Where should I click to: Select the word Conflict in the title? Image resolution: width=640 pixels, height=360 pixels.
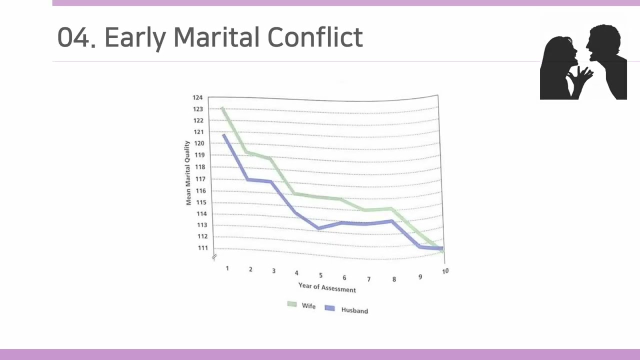[x=315, y=37]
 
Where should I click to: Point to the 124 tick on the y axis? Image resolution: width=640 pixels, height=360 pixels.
[x=197, y=97]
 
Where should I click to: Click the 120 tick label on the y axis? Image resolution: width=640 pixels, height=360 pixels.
[x=199, y=143]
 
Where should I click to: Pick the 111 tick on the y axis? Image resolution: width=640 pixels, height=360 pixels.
[x=203, y=248]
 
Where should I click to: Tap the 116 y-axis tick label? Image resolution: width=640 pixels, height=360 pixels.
[x=200, y=191]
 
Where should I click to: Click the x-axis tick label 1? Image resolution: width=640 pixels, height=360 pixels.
[x=227, y=268]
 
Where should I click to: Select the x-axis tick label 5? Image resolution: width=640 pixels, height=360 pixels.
[x=320, y=275]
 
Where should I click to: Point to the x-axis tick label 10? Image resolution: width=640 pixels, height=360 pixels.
[x=445, y=271]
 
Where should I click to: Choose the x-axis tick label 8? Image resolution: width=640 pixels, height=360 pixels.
[x=394, y=279]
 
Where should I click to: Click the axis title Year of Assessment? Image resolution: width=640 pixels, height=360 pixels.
[x=327, y=287]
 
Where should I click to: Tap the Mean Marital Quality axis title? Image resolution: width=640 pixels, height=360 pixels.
[x=188, y=173]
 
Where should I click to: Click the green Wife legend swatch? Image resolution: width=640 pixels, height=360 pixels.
[x=292, y=304]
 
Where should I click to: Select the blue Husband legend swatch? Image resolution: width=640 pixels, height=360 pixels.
[x=329, y=308]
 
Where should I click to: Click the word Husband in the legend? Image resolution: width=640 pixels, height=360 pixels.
[x=354, y=310]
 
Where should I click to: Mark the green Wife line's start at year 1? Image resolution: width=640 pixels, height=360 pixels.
[x=222, y=108]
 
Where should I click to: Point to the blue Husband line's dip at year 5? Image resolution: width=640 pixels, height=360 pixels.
[x=318, y=228]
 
